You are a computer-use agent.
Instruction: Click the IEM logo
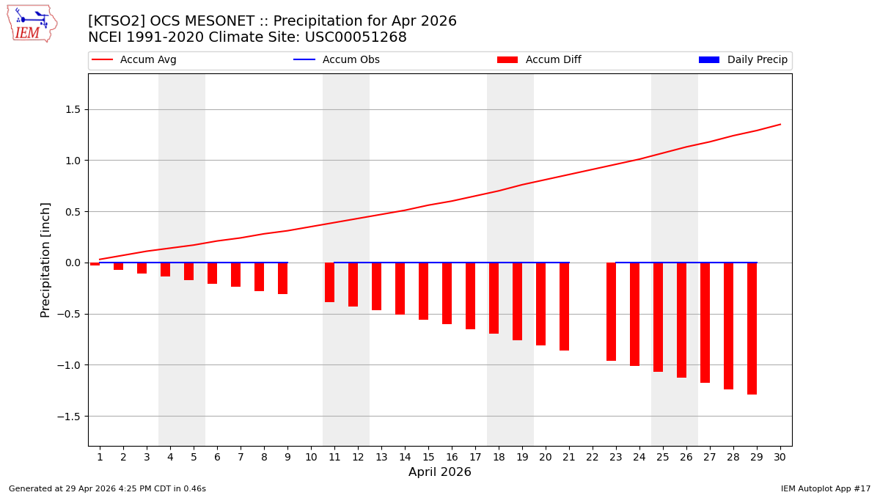click(x=32, y=23)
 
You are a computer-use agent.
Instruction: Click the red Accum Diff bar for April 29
click(x=752, y=328)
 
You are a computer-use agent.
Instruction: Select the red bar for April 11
click(x=329, y=282)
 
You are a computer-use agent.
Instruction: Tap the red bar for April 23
click(x=611, y=311)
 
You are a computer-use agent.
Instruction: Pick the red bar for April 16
click(x=447, y=293)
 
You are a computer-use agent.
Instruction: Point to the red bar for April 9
click(x=282, y=278)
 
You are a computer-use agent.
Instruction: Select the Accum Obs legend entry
click(x=337, y=60)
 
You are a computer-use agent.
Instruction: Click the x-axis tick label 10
click(x=311, y=457)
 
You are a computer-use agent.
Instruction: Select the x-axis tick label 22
click(x=593, y=457)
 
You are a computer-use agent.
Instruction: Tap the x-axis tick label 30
click(x=780, y=457)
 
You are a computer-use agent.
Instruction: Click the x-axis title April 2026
click(x=440, y=472)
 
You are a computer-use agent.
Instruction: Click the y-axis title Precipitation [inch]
click(x=45, y=260)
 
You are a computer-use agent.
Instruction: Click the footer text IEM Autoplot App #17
click(x=826, y=488)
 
